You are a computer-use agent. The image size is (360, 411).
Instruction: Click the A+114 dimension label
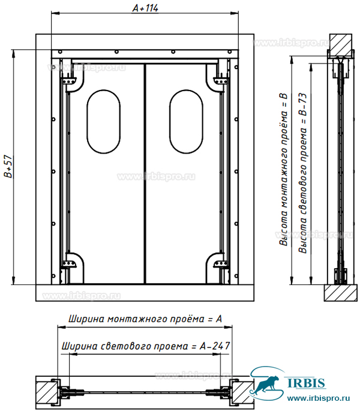pyautogui.click(x=145, y=8)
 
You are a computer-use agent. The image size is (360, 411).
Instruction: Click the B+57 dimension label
pyautogui.click(x=8, y=166)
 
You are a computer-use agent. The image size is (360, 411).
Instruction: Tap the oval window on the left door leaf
pyautogui.click(x=104, y=122)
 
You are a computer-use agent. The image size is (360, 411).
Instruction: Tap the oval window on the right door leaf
pyautogui.click(x=186, y=122)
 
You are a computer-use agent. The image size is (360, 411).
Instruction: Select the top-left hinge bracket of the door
pyautogui.click(x=69, y=80)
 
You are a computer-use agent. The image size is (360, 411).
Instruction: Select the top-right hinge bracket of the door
pyautogui.click(x=221, y=80)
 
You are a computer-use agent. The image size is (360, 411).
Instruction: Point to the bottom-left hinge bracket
pyautogui.click(x=69, y=263)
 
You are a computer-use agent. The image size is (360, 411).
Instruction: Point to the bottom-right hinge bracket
pyautogui.click(x=221, y=263)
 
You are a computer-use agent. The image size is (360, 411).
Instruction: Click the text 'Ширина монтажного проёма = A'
pyautogui.click(x=145, y=319)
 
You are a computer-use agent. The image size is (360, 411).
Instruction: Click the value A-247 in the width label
pyautogui.click(x=215, y=346)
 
